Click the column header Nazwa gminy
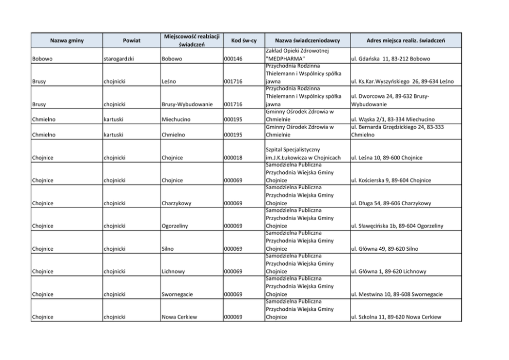coord(67,40)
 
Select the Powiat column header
coord(131,40)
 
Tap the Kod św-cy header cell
coord(244,40)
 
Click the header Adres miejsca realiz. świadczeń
coord(405,40)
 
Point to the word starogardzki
coord(119,59)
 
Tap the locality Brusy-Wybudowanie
coord(187,104)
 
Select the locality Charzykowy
coord(177,203)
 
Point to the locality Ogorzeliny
coord(175,226)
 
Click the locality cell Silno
coord(167,249)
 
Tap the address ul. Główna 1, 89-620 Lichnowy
coord(389,271)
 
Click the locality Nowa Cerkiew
coord(179,317)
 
